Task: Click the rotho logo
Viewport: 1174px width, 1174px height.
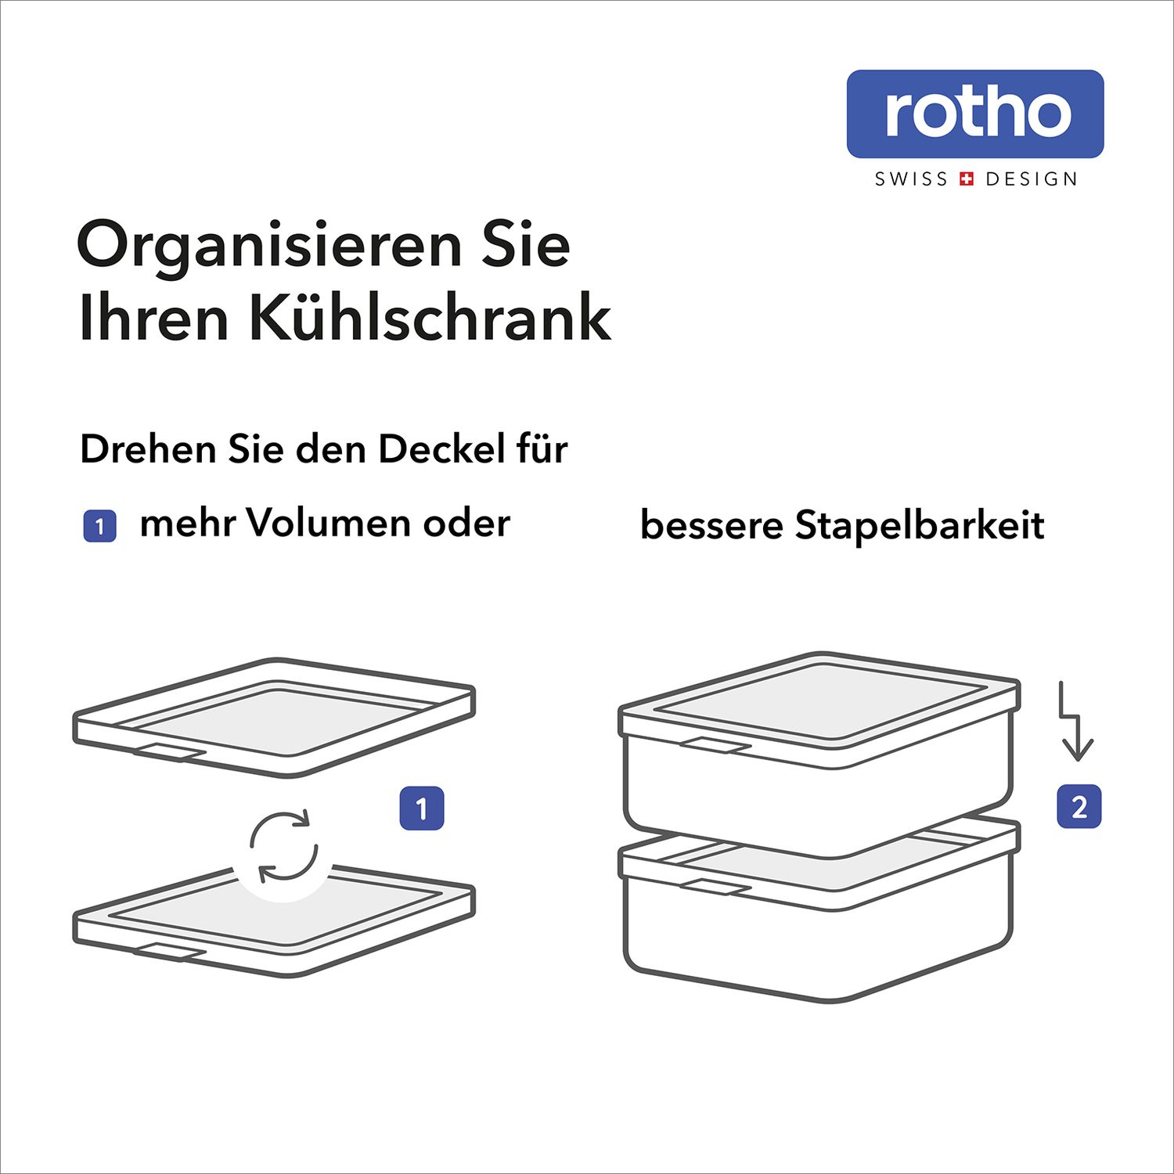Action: [x=975, y=114]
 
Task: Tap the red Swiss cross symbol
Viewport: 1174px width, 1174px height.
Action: [x=967, y=179]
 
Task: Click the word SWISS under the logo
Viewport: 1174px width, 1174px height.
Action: [x=911, y=179]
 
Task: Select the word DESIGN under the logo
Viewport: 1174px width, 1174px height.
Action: [x=1032, y=179]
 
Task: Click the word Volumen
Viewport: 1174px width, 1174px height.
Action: [x=330, y=523]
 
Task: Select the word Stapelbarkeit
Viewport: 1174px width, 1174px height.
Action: [x=920, y=526]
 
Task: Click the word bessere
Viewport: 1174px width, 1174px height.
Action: [x=711, y=525]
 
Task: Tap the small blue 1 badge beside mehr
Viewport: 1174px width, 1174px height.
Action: [x=99, y=526]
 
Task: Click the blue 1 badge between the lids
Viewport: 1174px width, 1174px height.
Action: [x=422, y=808]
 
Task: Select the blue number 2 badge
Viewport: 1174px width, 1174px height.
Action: [x=1079, y=806]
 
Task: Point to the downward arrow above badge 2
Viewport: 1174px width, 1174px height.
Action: [x=1072, y=721]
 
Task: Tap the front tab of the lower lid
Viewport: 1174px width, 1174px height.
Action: [x=169, y=952]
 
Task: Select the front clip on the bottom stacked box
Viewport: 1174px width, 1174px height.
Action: [x=715, y=887]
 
